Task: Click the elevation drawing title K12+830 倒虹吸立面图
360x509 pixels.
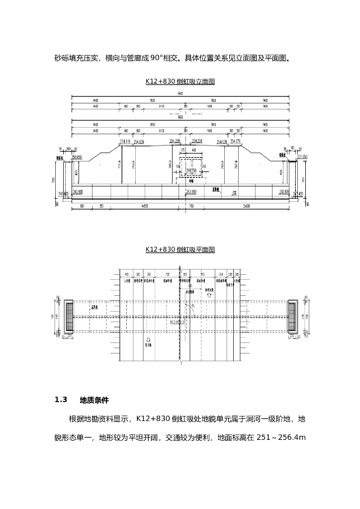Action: (x=180, y=82)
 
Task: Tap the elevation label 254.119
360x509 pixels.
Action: (x=125, y=142)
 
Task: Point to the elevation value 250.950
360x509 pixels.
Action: (x=77, y=157)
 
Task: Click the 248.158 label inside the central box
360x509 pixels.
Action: (x=191, y=170)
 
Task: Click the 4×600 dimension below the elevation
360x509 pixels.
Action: (x=145, y=205)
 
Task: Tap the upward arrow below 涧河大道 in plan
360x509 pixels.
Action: (x=209, y=295)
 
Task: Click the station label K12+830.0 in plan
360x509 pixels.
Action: (x=177, y=322)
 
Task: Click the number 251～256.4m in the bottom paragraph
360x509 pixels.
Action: (x=281, y=438)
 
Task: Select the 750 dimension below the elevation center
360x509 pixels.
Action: (x=191, y=205)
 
